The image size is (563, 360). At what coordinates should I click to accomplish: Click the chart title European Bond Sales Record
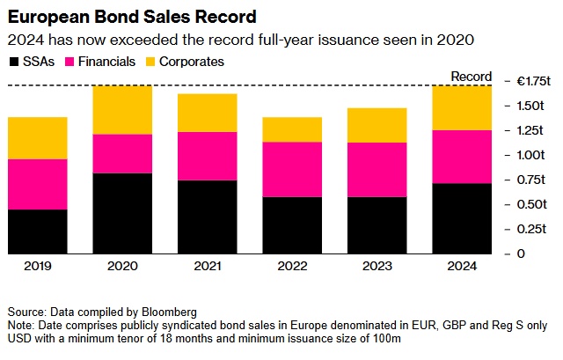[x=133, y=17]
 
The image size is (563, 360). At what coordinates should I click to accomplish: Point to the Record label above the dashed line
[x=471, y=77]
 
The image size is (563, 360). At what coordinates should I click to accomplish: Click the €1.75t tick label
[x=533, y=81]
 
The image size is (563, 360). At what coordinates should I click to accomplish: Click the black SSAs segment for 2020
[x=123, y=214]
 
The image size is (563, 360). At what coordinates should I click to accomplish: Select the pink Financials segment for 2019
[x=37, y=184]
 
